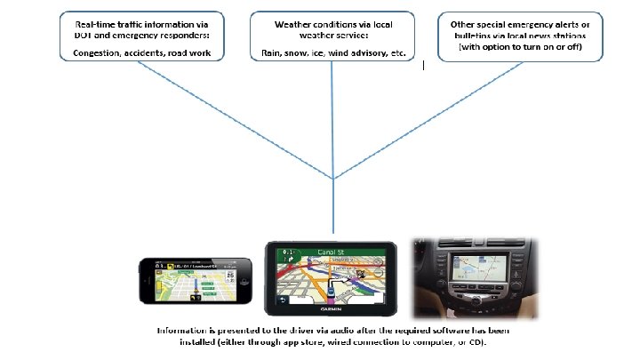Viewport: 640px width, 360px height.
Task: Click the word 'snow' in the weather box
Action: (294, 53)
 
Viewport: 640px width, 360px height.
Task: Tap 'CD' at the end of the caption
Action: (476, 341)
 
